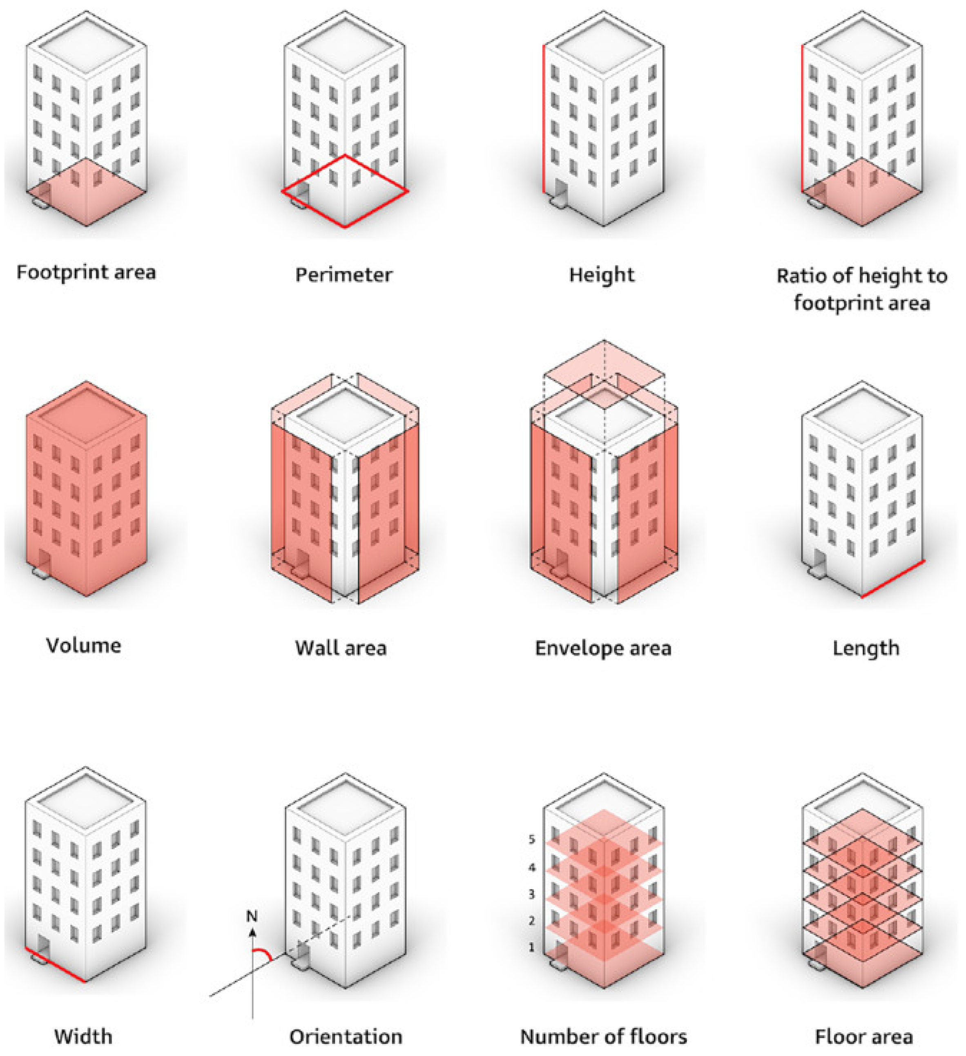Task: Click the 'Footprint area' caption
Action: point(87,273)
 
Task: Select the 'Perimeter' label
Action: point(344,275)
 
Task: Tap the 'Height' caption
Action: point(602,275)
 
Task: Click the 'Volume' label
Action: point(84,645)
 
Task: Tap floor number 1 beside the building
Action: point(532,947)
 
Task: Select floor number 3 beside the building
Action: point(532,894)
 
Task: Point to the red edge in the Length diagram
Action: point(893,579)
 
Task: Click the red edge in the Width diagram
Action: point(55,965)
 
